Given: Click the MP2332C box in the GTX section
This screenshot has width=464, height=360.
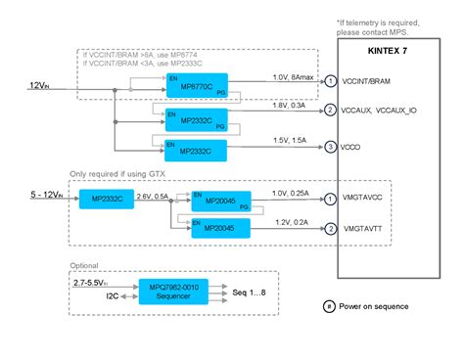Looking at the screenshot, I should pos(108,200).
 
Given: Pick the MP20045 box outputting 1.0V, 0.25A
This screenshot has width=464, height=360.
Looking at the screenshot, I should pos(220,200).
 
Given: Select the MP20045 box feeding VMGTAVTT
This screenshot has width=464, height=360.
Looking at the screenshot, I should pos(220,229).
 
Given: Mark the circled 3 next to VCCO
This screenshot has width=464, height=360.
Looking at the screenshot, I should pos(331,147).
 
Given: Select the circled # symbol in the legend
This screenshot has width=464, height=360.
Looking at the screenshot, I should pos(329,306).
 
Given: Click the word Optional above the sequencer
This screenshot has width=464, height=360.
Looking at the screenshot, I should pos(85,264).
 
